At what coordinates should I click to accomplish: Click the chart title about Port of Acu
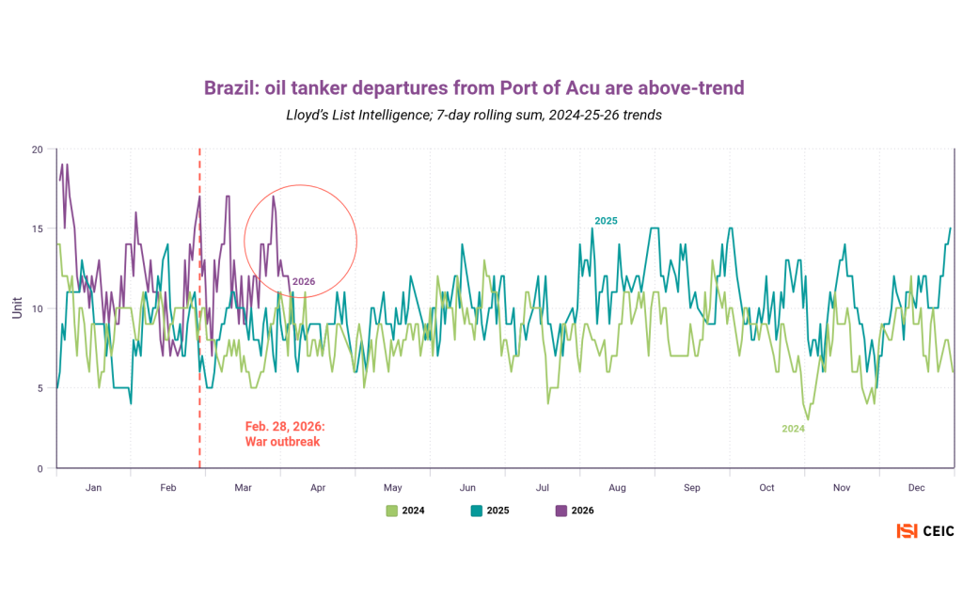pos(474,88)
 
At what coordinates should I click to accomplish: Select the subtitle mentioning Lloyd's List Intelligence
pos(474,116)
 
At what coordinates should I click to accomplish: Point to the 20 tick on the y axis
pos(37,149)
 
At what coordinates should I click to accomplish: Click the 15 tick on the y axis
pos(37,229)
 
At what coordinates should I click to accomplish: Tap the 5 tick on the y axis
pos(39,388)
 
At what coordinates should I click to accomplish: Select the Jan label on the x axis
pos(93,488)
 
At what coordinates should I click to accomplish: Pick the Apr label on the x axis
pos(318,488)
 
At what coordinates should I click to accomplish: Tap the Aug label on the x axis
pos(617,488)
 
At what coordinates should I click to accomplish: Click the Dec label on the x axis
pos(917,488)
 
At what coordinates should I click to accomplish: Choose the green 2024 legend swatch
pos(392,511)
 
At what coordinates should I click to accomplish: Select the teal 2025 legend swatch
pos(477,511)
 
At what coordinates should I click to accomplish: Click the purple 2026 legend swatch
pos(561,511)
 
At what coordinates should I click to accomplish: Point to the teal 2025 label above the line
pos(606,221)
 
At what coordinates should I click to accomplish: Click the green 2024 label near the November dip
pos(794,429)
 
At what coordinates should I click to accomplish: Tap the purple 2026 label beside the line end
pos(304,281)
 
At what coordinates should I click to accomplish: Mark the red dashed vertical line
pos(199,376)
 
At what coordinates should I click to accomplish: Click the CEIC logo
pos(925,531)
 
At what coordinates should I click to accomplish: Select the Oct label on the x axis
pos(767,488)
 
